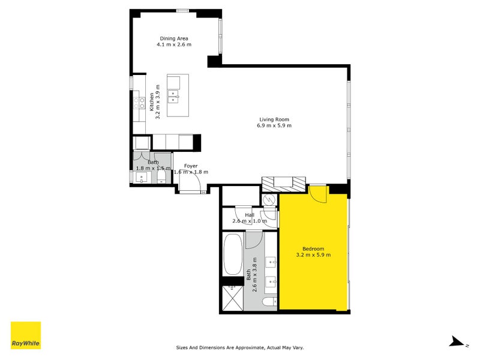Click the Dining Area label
(x=173, y=38)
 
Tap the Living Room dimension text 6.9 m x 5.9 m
(x=275, y=125)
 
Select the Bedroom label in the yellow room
(x=313, y=249)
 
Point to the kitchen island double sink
(x=173, y=94)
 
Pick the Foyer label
(x=190, y=166)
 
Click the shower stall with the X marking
(x=233, y=298)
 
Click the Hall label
(x=249, y=215)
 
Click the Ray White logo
(x=26, y=335)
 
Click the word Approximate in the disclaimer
(x=251, y=347)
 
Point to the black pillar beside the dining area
(x=214, y=61)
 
